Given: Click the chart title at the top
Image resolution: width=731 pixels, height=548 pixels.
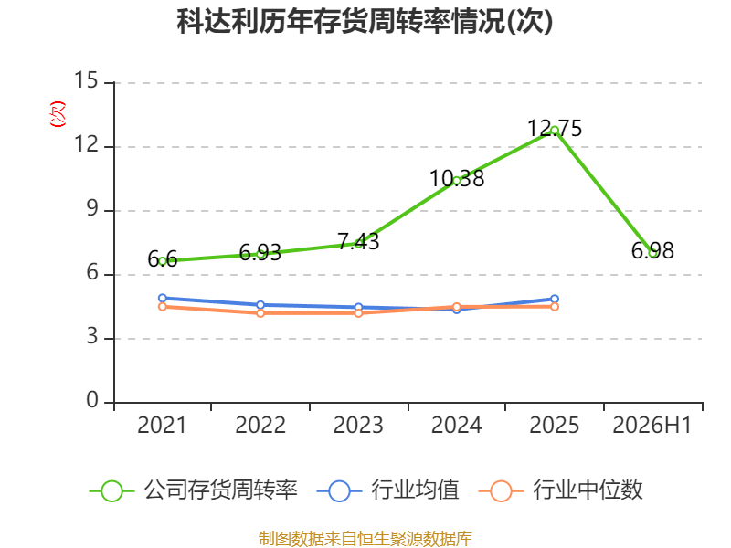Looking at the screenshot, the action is click(x=365, y=21).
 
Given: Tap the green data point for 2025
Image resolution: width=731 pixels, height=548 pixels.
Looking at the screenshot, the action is click(x=555, y=131).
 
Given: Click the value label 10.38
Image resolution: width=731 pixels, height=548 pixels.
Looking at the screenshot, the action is click(x=457, y=178).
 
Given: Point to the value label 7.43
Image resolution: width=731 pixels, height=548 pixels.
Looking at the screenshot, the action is click(x=358, y=241).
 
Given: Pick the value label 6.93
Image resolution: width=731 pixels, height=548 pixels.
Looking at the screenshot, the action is click(x=260, y=253).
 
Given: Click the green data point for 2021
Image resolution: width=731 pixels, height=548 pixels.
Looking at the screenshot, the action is click(x=163, y=261).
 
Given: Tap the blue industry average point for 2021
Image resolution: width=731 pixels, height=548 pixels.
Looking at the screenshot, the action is click(x=163, y=299).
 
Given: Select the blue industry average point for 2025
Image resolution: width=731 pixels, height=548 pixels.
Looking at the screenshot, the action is click(x=555, y=300).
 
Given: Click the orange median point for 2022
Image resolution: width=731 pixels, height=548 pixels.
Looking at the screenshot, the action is click(x=260, y=313).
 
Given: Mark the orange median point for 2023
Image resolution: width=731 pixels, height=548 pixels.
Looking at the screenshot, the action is click(x=358, y=313).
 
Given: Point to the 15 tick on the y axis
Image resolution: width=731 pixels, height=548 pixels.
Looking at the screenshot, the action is click(x=86, y=80).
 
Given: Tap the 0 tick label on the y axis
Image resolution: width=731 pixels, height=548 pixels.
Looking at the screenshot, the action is click(x=92, y=400).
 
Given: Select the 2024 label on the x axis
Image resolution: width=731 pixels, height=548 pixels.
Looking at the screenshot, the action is click(x=456, y=425).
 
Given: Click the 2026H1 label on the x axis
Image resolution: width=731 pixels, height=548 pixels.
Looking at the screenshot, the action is click(x=652, y=425).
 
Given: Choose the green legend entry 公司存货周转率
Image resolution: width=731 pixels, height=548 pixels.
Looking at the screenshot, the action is click(x=194, y=490).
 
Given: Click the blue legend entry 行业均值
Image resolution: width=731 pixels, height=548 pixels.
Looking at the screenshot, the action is click(x=387, y=490).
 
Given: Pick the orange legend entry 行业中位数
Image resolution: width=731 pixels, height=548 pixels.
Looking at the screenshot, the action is click(x=561, y=490).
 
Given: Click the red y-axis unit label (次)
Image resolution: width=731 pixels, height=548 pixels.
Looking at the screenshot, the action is click(x=58, y=113).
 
